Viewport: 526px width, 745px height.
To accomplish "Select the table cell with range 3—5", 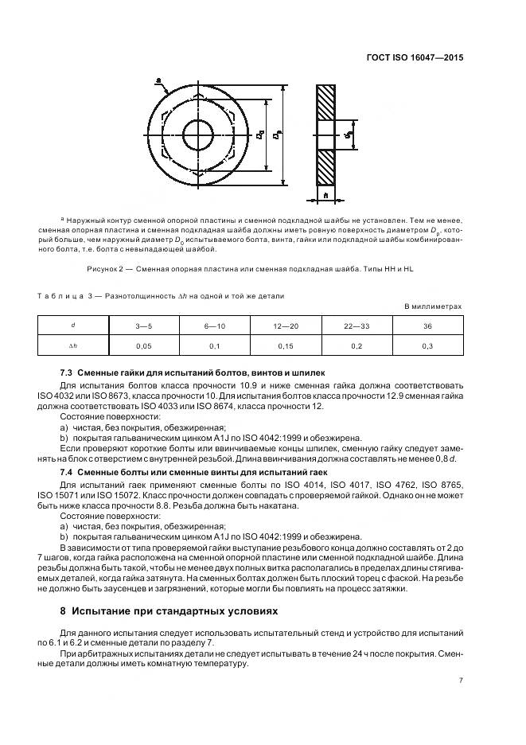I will (x=144, y=325).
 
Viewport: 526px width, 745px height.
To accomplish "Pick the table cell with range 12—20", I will (x=286, y=325).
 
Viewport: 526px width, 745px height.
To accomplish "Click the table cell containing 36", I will (x=427, y=325).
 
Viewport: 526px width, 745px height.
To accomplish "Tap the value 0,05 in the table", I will (x=144, y=345).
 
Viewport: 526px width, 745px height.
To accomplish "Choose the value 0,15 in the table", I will (x=286, y=345).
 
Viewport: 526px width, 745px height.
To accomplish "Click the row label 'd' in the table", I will (x=73, y=325).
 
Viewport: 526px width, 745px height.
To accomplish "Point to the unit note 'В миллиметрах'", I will (x=433, y=306).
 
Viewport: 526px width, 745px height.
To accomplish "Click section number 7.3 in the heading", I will (x=68, y=373).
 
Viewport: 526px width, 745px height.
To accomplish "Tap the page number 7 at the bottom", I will (x=461, y=681).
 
